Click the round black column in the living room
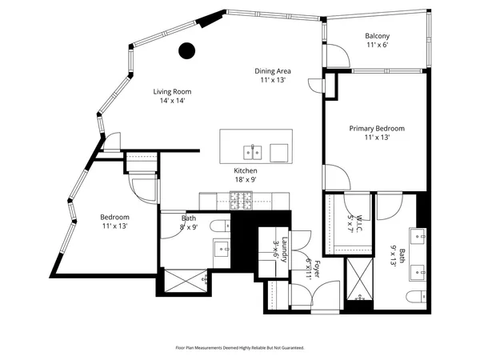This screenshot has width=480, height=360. [186, 51]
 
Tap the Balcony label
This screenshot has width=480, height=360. [377, 36]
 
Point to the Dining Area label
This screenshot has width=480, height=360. [272, 70]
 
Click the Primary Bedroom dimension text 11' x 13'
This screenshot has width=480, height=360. [376, 138]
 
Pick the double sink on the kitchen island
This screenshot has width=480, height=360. [253, 151]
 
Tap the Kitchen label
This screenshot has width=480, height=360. [245, 171]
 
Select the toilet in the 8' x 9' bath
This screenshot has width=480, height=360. [221, 226]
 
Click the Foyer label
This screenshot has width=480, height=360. [315, 268]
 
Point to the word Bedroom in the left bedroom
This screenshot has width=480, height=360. [114, 217]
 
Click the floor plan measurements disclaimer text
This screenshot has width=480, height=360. [240, 348]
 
